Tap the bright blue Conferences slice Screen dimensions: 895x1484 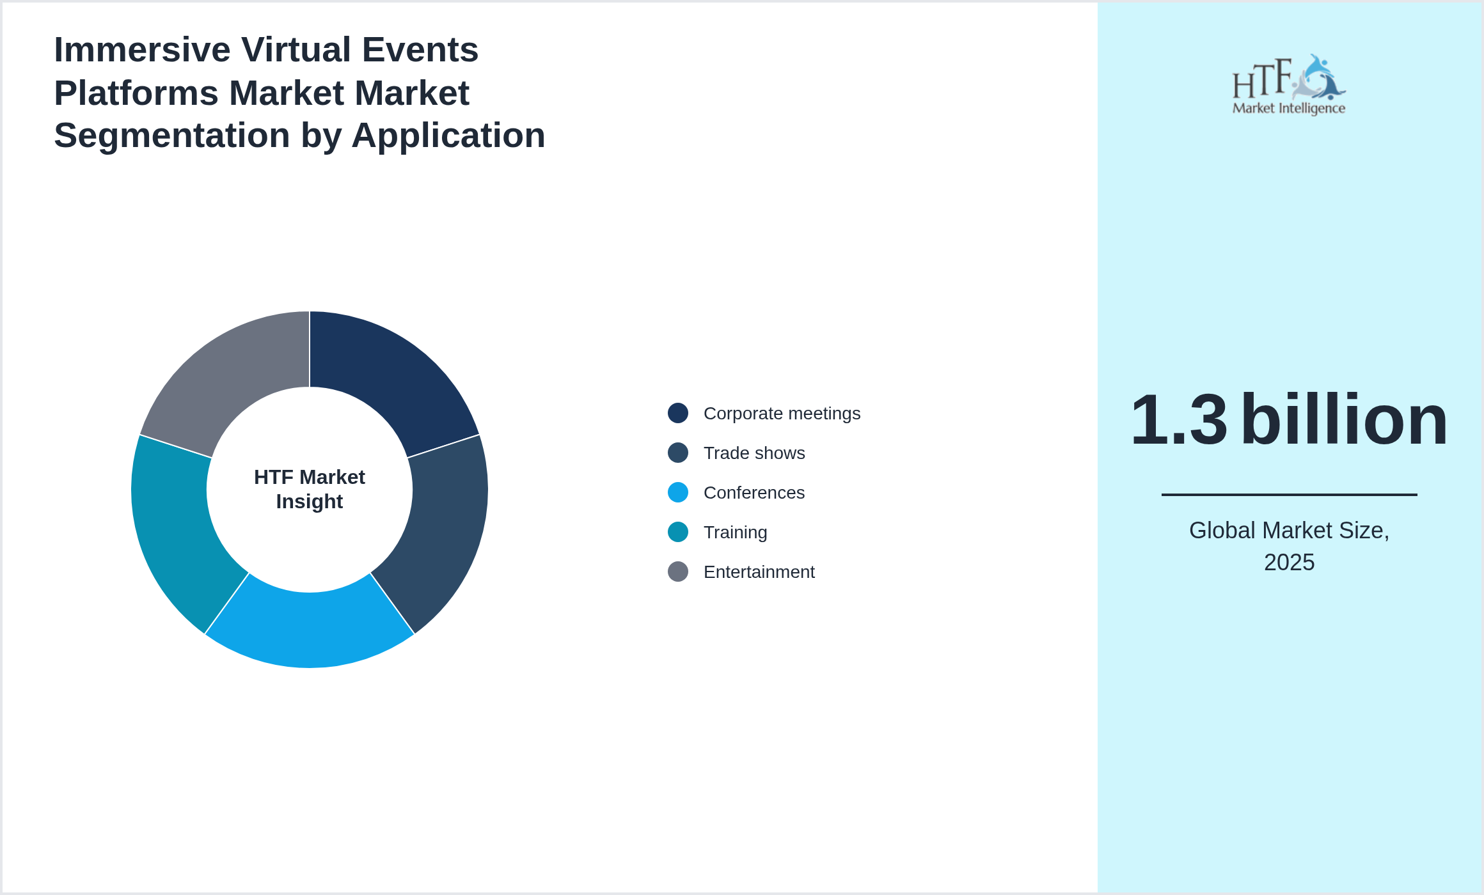[x=310, y=630]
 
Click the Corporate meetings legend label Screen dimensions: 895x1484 [x=782, y=414]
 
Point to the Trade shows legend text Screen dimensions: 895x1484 [x=754, y=453]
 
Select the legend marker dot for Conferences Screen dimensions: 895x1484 [x=678, y=493]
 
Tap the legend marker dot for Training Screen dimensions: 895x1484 [x=678, y=533]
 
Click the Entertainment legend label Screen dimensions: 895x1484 [x=759, y=572]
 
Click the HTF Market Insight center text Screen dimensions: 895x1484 [x=310, y=490]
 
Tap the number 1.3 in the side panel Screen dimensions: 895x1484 [x=1179, y=420]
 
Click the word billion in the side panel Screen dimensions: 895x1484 [x=1344, y=420]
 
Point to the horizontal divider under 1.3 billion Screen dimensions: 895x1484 [x=1289, y=494]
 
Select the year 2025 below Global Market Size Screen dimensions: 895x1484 [x=1289, y=563]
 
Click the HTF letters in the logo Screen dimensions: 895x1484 [x=1261, y=80]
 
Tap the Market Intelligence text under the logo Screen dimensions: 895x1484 [x=1288, y=109]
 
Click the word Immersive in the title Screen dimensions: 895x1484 [x=142, y=50]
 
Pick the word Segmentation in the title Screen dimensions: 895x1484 [x=172, y=136]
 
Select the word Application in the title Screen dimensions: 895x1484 [x=448, y=136]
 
